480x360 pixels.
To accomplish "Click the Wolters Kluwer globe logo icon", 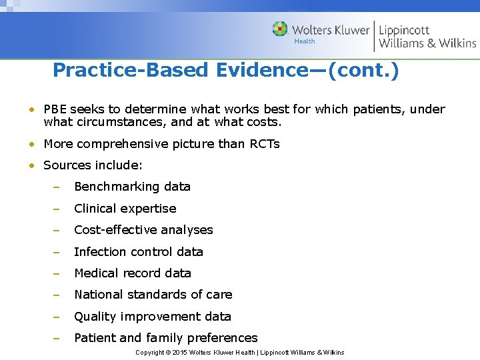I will pos(280,29).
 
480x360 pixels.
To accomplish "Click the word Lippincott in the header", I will pos(404,30).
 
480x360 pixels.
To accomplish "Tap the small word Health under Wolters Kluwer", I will pos(305,41).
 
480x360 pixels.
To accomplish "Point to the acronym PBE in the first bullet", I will pos(55,109).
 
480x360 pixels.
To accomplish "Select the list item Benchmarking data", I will pos(132,187).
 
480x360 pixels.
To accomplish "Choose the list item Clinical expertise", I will pos(125,208).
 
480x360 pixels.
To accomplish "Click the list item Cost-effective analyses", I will pos(143,229).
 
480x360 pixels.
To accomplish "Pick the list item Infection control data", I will pos(138,251).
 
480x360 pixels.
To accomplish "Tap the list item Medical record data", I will pos(132,273).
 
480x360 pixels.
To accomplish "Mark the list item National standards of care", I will pos(153,294).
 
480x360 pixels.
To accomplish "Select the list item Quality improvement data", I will pos(152,316).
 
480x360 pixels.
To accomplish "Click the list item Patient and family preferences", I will pos(165,337).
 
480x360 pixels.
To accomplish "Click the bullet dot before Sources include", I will pos(32,165).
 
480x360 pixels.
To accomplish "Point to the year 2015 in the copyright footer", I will pos(180,352).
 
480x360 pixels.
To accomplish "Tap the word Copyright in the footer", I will pos(150,352).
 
